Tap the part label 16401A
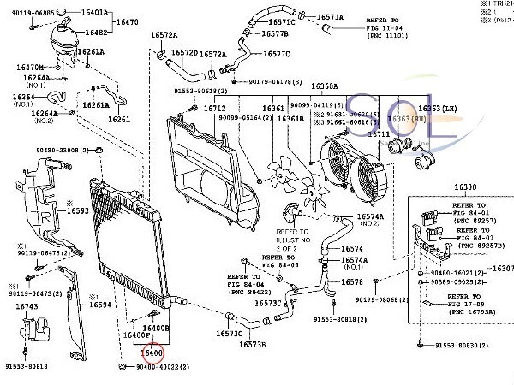click(93, 14)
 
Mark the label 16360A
click(324, 86)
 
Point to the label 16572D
click(183, 52)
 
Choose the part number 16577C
click(276, 55)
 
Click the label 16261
click(119, 119)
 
